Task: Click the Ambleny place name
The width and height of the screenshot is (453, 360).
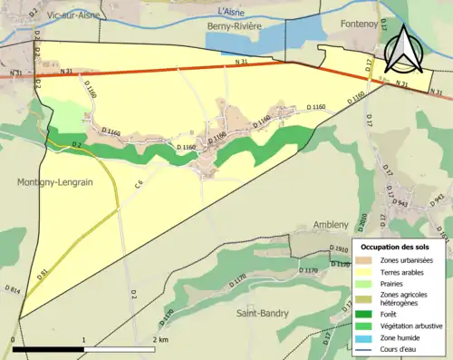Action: tap(331, 225)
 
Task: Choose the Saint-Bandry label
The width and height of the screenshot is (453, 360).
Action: tap(262, 313)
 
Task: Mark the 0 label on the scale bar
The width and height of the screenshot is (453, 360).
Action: tap(14, 339)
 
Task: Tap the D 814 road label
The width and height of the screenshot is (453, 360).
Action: tap(12, 293)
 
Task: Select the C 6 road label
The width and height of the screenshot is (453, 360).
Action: tap(139, 185)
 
